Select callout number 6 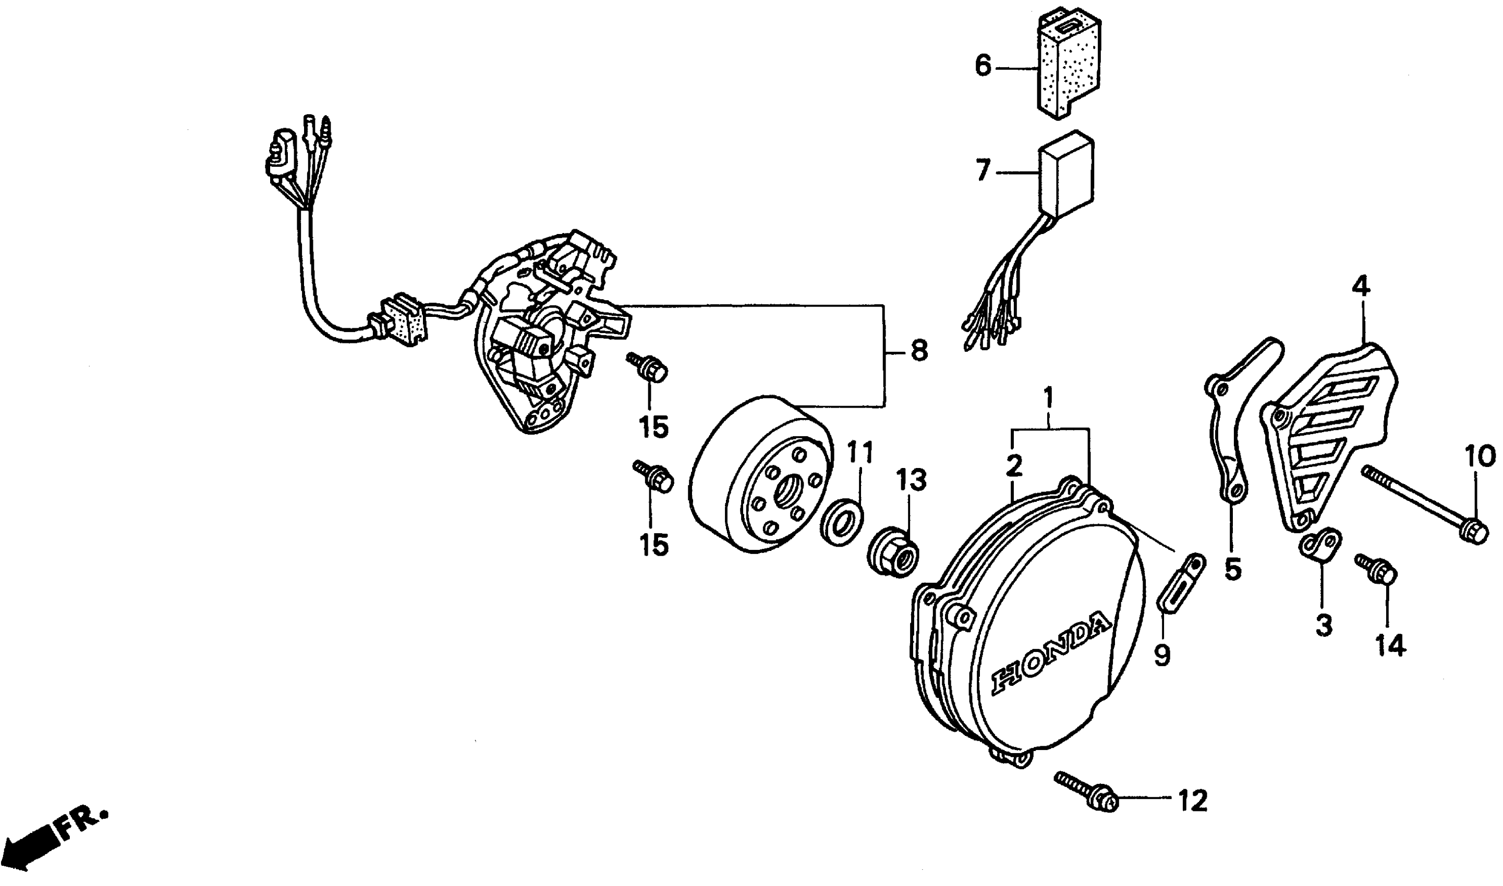click(x=983, y=66)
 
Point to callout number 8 click(x=919, y=351)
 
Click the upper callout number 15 click(x=653, y=427)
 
